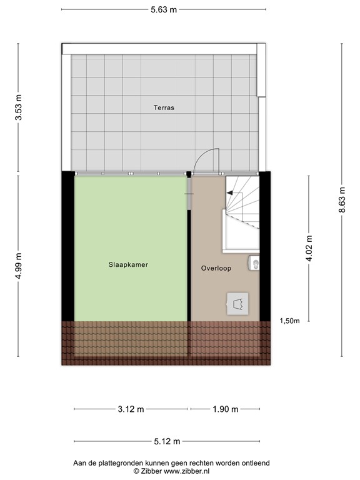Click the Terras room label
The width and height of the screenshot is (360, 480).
[164, 107]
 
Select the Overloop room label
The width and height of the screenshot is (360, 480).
[216, 268]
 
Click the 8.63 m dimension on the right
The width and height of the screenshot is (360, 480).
[341, 200]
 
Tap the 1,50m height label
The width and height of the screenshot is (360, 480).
[289, 321]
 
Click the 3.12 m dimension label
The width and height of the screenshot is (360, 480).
[131, 409]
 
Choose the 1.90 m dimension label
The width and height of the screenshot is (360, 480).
[226, 409]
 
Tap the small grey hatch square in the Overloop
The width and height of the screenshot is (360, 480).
[237, 304]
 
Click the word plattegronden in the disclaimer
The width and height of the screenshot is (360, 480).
[121, 462]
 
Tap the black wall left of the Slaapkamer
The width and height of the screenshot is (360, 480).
[67, 247]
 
